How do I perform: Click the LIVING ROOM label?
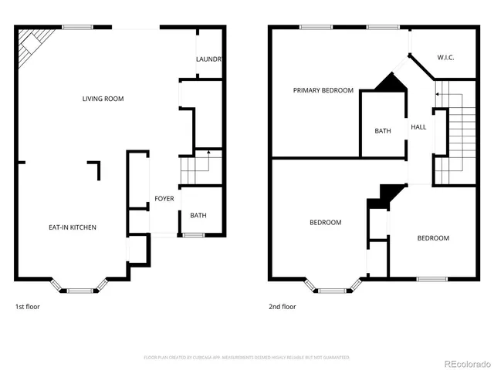click(x=103, y=99)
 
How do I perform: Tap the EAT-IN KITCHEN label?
click(x=73, y=227)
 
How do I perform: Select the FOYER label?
click(x=164, y=199)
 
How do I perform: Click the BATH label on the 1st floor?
click(x=198, y=216)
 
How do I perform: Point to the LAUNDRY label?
click(x=209, y=59)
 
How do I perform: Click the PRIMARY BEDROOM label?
click(x=323, y=91)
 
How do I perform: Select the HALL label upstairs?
click(x=418, y=127)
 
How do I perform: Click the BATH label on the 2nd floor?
click(x=383, y=131)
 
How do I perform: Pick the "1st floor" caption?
click(x=28, y=307)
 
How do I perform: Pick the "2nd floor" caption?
click(x=283, y=307)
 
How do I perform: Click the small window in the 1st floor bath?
click(x=193, y=234)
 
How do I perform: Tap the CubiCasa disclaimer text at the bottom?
click(x=246, y=358)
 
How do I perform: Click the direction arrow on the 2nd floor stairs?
click(x=438, y=94)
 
